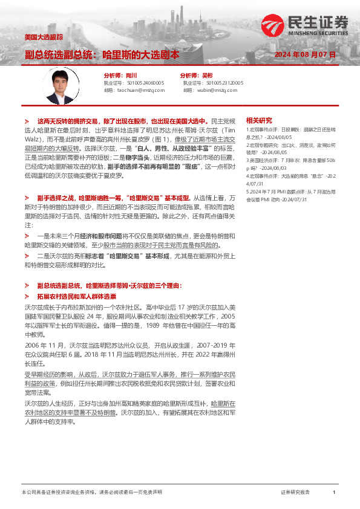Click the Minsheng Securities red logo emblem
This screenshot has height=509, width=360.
click(273, 25)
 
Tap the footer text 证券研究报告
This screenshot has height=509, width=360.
click(295, 493)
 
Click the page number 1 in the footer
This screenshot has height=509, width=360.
click(333, 493)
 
